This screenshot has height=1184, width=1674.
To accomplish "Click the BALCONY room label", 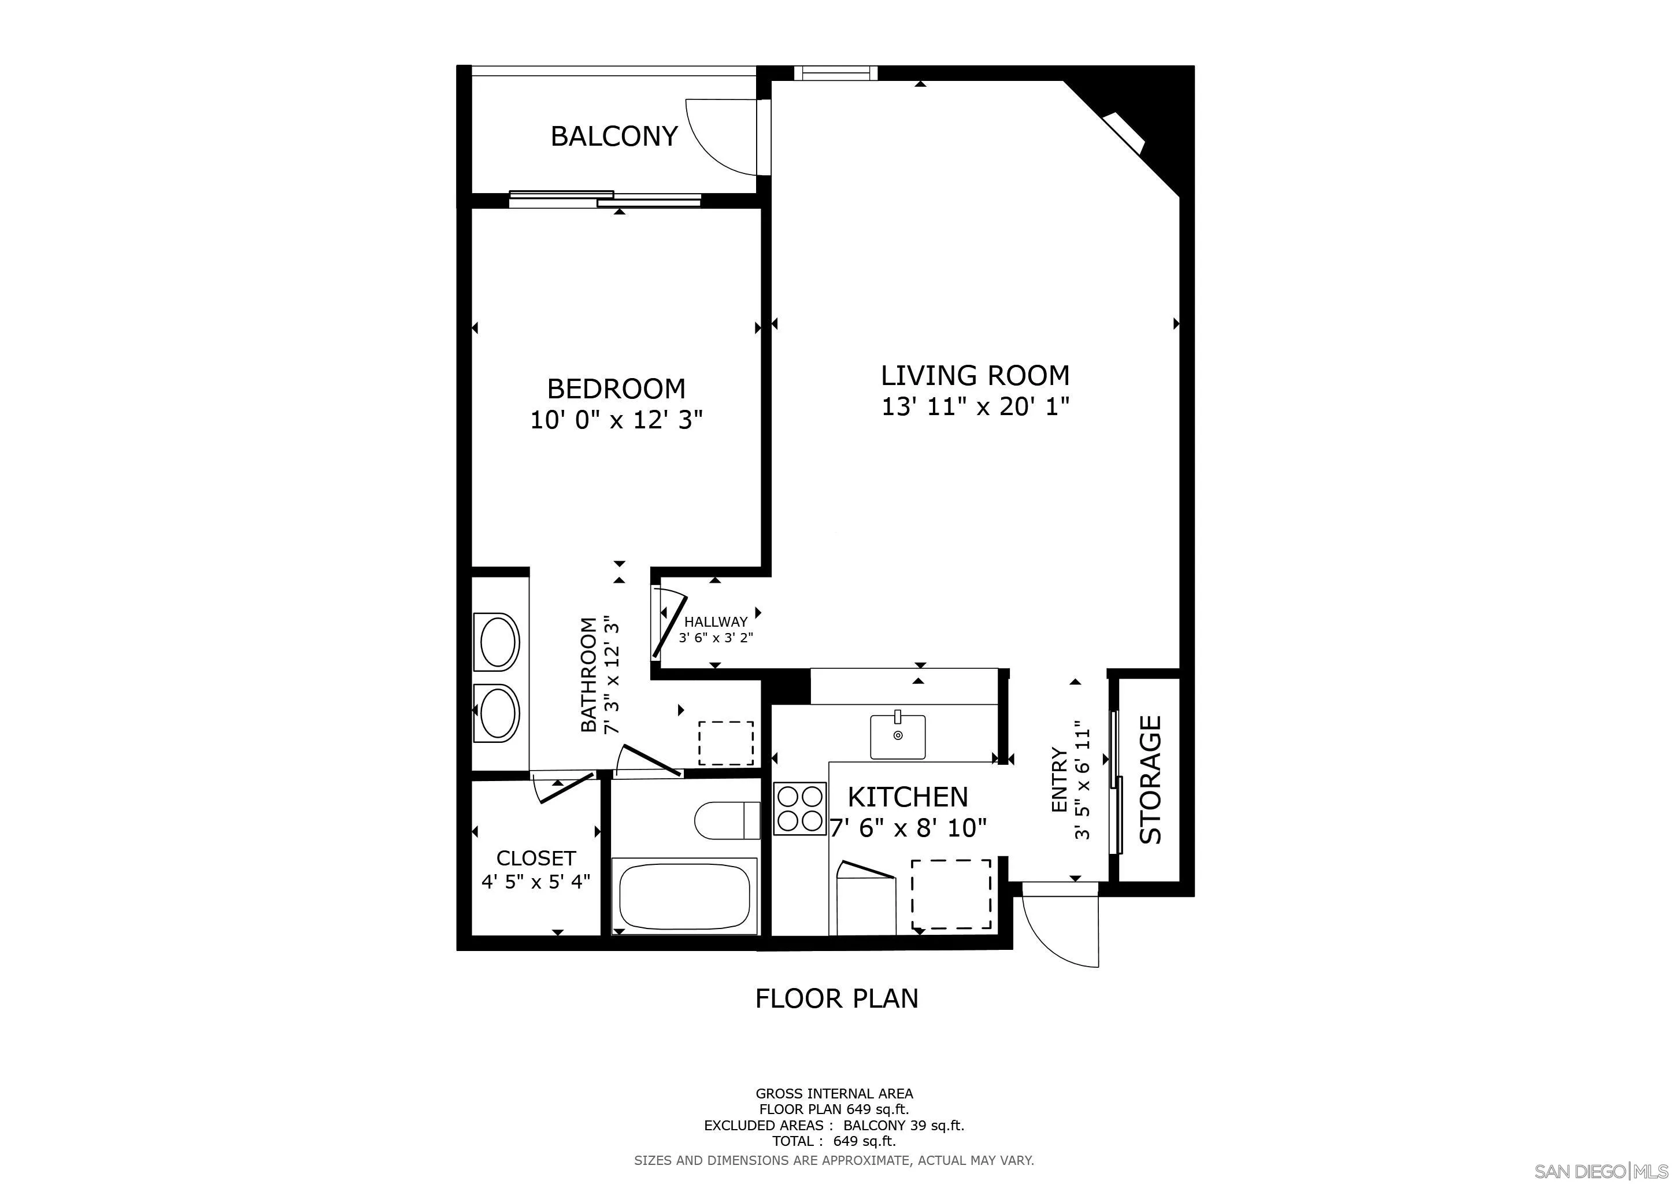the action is click(614, 136).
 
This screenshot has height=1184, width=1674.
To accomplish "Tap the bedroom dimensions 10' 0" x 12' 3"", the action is click(616, 420).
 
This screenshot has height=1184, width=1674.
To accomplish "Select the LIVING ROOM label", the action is click(976, 375).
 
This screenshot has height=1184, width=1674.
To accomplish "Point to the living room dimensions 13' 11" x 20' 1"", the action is click(976, 406).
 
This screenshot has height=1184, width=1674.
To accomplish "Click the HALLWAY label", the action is click(716, 622).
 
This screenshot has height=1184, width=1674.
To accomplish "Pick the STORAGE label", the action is click(1150, 779).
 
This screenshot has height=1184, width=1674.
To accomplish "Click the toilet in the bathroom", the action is click(728, 820).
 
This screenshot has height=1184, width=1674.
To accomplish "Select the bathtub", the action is click(684, 896).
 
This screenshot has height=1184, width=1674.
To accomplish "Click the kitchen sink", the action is click(898, 737).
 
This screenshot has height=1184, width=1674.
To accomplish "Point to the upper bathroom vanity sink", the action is click(497, 642).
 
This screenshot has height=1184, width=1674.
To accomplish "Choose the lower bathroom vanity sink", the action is click(497, 713).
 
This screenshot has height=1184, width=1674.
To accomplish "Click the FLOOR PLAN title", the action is click(836, 998).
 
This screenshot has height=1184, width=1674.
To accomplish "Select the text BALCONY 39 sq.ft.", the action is click(903, 1125).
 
